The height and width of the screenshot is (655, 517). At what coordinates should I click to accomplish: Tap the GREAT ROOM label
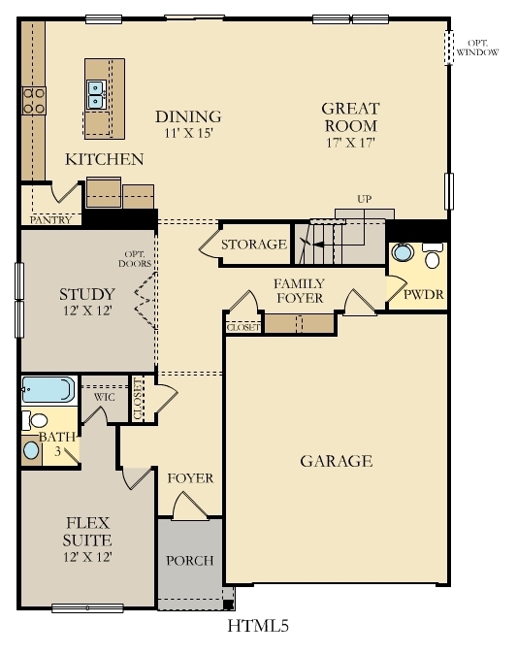pyautogui.click(x=351, y=117)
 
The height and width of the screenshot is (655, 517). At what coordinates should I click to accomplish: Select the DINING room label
pyautogui.click(x=189, y=116)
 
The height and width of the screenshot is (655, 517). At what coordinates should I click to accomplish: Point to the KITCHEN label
pyautogui.click(x=105, y=159)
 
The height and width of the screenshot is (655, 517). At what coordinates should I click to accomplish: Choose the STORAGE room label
pyautogui.click(x=254, y=245)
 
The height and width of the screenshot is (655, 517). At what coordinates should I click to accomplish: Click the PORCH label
pyautogui.click(x=190, y=561)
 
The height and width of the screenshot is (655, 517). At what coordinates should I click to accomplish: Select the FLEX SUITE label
pyautogui.click(x=87, y=531)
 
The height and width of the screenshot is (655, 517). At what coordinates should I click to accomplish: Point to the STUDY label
pyautogui.click(x=87, y=294)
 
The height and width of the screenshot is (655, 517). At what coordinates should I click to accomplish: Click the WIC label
pyautogui.click(x=105, y=397)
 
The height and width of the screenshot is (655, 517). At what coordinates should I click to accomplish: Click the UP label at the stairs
pyautogui.click(x=365, y=199)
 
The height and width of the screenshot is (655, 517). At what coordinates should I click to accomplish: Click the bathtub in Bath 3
pyautogui.click(x=48, y=390)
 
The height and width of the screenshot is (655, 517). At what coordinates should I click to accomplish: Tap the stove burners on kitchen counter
pyautogui.click(x=33, y=100)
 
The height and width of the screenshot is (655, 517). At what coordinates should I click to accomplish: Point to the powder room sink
pyautogui.click(x=403, y=255)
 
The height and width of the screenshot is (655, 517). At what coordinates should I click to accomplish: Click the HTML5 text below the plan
pyautogui.click(x=258, y=627)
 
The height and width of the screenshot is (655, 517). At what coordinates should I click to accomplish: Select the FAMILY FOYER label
pyautogui.click(x=299, y=291)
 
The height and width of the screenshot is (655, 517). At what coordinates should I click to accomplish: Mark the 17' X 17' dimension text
pyautogui.click(x=351, y=143)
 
